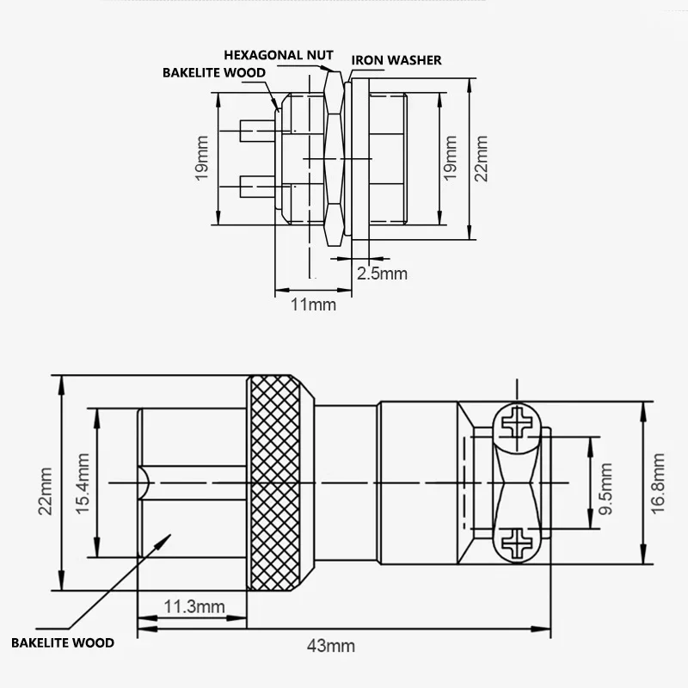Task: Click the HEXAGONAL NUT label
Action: (278, 55)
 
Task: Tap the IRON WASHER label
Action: (396, 60)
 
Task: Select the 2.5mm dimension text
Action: (382, 273)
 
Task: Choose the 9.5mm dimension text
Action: (606, 484)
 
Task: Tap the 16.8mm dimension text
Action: (658, 483)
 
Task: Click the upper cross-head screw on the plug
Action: (519, 423)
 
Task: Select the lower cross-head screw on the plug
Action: (519, 544)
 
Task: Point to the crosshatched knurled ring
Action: (278, 483)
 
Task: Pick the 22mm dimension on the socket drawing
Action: (481, 158)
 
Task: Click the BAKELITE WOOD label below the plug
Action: (62, 642)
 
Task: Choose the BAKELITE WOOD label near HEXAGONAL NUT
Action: (215, 73)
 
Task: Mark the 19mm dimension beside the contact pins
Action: (201, 158)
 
